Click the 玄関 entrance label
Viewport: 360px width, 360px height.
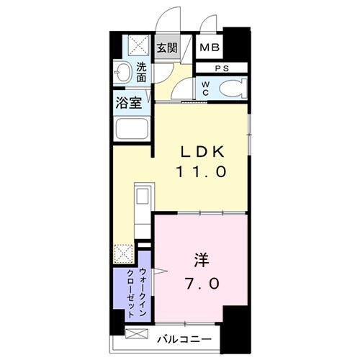click(x=167, y=48)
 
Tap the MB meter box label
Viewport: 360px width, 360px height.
click(x=210, y=48)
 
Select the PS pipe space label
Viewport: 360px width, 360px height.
click(x=222, y=68)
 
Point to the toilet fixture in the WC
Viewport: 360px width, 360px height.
click(x=233, y=89)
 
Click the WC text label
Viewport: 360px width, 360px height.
click(x=205, y=89)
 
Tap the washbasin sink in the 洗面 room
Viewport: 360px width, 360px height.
click(x=122, y=72)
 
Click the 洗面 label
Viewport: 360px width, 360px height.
click(x=141, y=72)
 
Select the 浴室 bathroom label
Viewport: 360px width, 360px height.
click(x=128, y=103)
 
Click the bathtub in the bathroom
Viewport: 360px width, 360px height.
click(x=132, y=129)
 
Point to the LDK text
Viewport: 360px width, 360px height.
click(x=202, y=152)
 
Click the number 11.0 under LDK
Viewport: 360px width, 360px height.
click(x=202, y=171)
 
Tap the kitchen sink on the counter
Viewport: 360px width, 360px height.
click(x=142, y=196)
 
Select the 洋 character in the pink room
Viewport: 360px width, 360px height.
click(x=201, y=261)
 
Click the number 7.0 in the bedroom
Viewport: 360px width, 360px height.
click(x=202, y=284)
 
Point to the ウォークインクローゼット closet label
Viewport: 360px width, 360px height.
click(x=137, y=292)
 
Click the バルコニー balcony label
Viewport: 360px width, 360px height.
click(x=184, y=339)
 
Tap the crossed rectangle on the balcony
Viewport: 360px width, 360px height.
click(x=137, y=333)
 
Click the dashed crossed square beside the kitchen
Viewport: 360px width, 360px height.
click(x=124, y=253)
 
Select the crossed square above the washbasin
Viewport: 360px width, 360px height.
click(x=138, y=45)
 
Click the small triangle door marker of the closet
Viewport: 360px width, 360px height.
click(x=160, y=271)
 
